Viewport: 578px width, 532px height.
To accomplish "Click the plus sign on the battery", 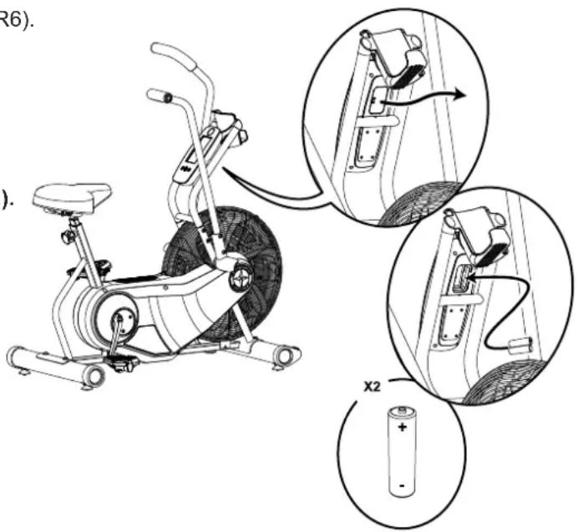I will (403, 427).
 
